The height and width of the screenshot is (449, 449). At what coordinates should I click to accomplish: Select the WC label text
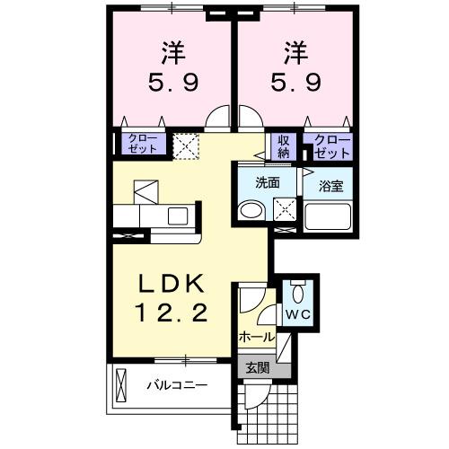click(297, 315)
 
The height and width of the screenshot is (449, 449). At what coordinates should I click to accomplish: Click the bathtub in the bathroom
click(330, 217)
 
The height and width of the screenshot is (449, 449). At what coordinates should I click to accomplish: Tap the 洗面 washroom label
click(268, 182)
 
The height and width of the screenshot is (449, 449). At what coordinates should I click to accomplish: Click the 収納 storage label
click(284, 145)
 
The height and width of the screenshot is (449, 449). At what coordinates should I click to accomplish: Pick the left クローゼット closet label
click(142, 144)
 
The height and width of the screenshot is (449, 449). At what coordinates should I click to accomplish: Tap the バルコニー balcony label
click(177, 386)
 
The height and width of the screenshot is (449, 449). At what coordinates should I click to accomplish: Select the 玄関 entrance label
click(257, 366)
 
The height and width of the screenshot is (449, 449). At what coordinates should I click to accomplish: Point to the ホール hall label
click(257, 337)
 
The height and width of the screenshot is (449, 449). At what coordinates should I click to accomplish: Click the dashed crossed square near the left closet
click(186, 145)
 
